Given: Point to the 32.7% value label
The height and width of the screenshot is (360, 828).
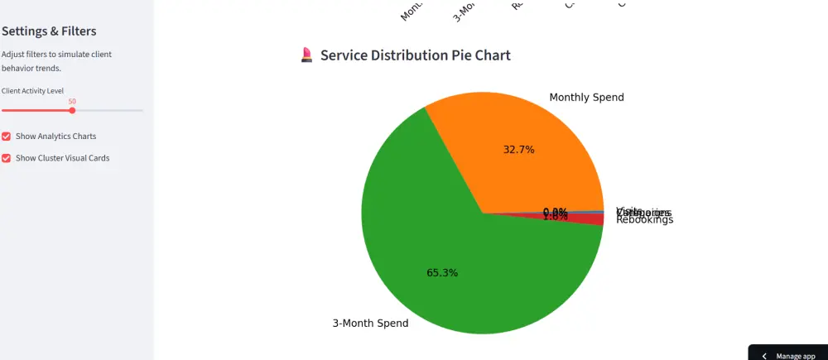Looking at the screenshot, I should click(x=519, y=150).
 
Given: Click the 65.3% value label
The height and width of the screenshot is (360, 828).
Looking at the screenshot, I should click(x=442, y=273).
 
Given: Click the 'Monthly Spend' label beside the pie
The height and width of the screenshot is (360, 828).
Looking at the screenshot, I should click(x=586, y=98).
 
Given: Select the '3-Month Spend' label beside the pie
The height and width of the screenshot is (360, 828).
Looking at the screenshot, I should click(x=370, y=324).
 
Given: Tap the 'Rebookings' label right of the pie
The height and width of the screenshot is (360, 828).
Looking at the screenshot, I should click(x=645, y=220).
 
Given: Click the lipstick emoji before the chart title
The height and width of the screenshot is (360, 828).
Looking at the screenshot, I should click(x=306, y=55).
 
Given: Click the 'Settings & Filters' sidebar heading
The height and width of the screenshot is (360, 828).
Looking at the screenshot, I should click(x=49, y=31).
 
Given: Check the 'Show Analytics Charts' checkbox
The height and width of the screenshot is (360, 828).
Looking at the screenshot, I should click(x=7, y=136).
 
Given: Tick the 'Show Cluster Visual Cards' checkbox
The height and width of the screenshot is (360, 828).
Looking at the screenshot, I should click(x=7, y=157).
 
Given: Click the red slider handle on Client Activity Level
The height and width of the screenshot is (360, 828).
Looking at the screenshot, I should click(x=72, y=110).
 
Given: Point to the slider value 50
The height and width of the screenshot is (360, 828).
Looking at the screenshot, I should click(x=72, y=101).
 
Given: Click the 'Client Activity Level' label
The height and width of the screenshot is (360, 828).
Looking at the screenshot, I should click(x=32, y=90).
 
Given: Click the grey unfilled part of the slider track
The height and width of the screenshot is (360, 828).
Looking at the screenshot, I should click(x=108, y=110).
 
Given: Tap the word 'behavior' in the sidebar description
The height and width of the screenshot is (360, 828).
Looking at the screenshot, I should click(x=18, y=68).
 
